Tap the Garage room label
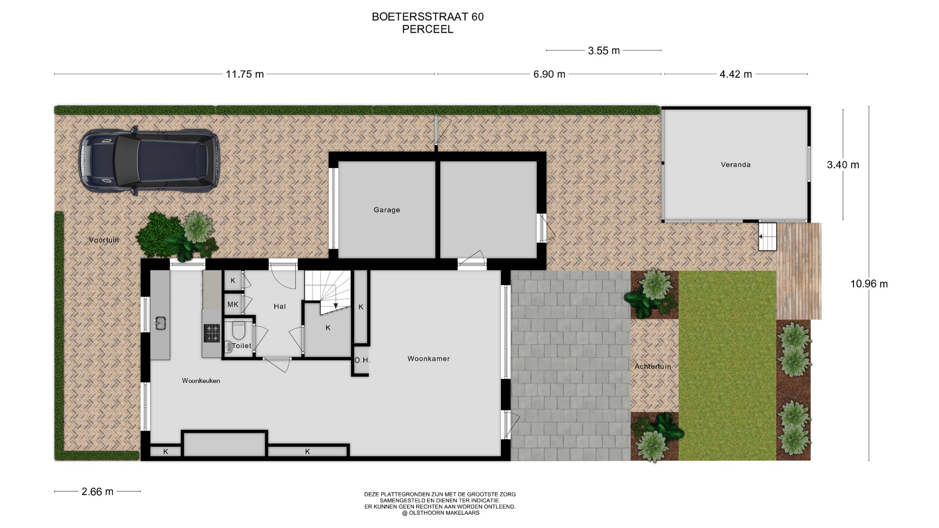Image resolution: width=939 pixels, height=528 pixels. pos(387,210)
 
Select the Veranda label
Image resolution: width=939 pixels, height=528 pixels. pos(736,165)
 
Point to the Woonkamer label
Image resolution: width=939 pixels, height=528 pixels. pos(428,359)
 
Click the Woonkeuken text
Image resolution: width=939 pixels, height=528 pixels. pos(201,381)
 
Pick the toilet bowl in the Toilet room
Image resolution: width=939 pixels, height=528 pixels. pos(239,330)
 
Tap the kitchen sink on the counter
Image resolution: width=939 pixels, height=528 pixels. pos(160,323)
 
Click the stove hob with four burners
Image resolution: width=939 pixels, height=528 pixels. pos(212,333)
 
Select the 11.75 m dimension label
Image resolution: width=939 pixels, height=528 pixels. pos(245,74)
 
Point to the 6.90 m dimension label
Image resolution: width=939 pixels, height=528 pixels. pos(549,74)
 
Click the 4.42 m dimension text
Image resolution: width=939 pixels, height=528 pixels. pos(736,74)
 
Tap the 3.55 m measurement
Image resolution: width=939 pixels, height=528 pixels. pos(604,51)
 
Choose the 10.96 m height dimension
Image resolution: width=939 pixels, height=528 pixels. pos(869,284)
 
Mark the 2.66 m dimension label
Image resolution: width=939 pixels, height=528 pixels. pos(97,492)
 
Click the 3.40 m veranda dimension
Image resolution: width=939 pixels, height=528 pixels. pos(843,165)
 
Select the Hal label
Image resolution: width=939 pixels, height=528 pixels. pos(280,307)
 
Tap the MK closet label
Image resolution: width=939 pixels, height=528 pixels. pos(233,305)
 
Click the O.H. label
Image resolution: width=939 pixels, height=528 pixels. pos(362,360)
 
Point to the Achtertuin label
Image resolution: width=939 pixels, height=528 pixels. pos(653,366)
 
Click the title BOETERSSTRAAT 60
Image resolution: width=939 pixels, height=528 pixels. pos(428,17)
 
